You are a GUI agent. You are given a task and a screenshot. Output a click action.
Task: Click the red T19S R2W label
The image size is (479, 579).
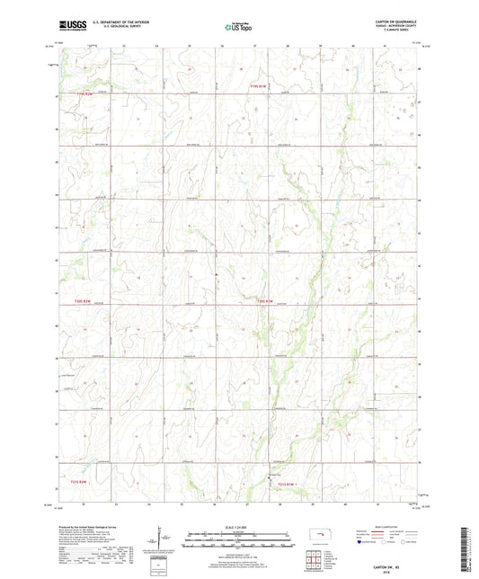(84, 93)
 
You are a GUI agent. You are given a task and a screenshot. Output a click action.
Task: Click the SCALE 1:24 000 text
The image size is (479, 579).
(239, 526)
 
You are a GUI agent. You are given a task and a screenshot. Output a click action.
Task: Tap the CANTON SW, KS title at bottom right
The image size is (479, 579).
(401, 565)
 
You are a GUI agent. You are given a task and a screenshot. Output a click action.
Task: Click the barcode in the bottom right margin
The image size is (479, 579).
(468, 548)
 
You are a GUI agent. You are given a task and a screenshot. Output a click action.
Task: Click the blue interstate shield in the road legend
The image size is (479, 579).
(361, 543)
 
